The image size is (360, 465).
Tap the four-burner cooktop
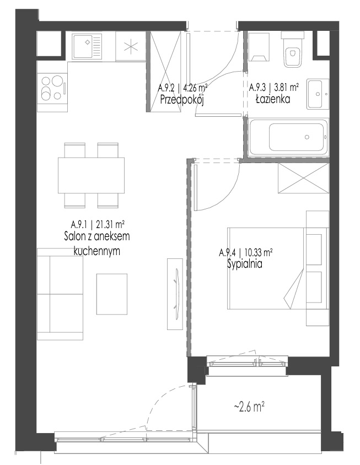pos(52,88)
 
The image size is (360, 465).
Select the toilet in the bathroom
pos(292,50)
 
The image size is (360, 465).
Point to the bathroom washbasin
pos(318,94)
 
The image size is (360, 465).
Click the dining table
pos(91,175)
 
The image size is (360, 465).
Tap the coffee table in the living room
pos(112,294)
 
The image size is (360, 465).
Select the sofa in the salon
pos(60,294)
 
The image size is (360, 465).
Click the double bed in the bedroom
pos(265,269)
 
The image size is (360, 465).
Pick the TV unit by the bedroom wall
pos(175,294)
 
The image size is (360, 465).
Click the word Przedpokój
pos(182,100)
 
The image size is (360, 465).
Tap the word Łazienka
pos(273,99)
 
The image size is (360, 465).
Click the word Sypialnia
pos(245,264)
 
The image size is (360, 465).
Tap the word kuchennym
pos(96,251)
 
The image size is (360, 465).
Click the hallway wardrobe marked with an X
pos(165,72)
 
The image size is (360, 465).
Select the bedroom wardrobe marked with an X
pos(304,178)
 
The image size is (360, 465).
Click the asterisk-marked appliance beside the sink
pos(131,46)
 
